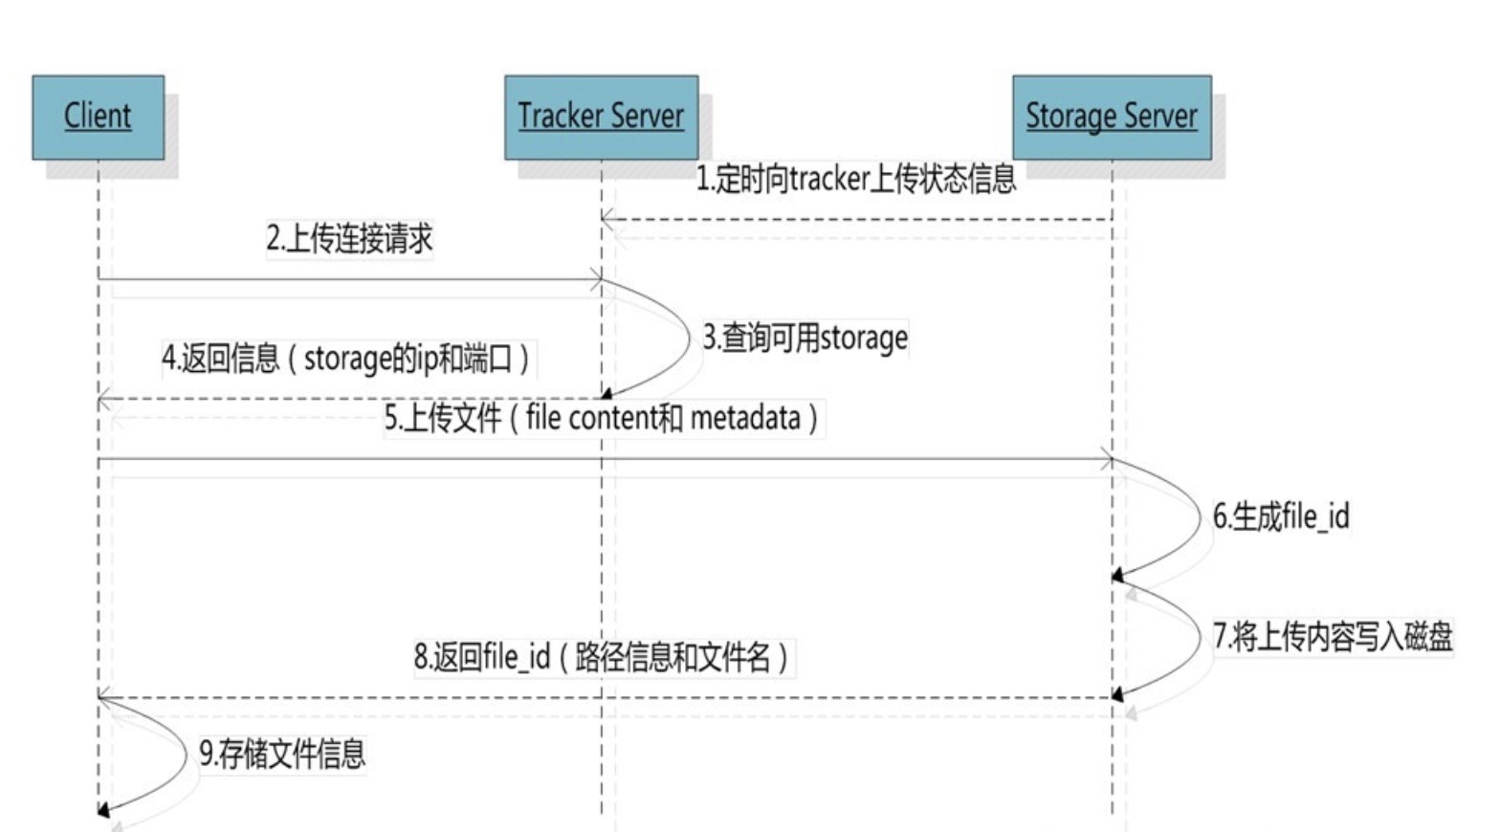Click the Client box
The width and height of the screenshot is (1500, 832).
98,117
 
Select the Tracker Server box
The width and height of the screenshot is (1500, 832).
601,117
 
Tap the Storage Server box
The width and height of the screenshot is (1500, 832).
1112,117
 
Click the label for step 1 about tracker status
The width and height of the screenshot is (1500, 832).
855,179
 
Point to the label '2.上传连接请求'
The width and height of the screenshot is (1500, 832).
349,238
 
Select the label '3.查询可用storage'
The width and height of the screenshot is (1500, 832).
805,338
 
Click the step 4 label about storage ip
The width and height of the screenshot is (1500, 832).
345,359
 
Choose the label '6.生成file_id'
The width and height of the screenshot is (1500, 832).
1280,516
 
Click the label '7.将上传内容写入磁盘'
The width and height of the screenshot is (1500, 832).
1332,636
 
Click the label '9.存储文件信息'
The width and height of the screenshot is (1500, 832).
282,754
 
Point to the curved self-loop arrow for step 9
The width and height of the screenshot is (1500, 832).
178,755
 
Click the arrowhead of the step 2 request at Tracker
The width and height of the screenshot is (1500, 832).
596,280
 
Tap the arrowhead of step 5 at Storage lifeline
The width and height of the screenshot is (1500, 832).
1107,460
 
